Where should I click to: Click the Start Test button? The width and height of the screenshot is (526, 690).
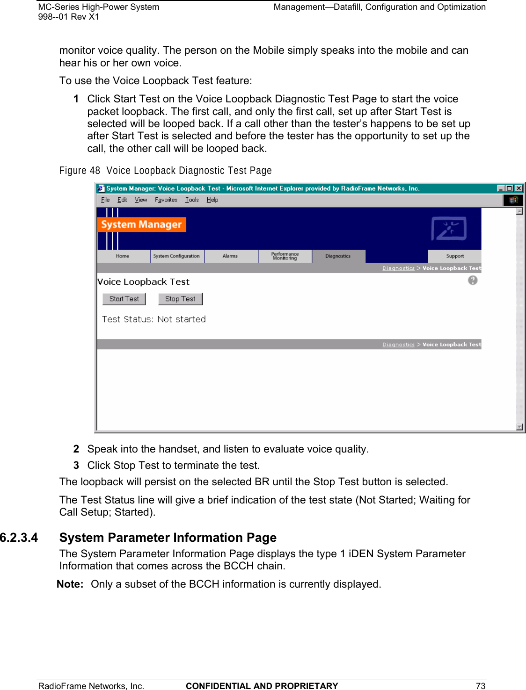click(124, 299)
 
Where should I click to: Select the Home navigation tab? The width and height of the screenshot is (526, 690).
click(123, 256)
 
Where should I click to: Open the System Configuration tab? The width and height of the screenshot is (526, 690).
click(176, 256)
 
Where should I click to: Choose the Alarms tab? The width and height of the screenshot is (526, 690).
click(230, 256)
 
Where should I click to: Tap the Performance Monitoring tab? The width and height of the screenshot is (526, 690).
click(285, 256)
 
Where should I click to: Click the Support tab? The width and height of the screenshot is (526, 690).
click(455, 256)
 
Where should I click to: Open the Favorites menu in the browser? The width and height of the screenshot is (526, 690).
click(166, 200)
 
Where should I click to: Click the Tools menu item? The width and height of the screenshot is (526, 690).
click(192, 200)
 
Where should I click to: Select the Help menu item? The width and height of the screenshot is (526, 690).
click(212, 200)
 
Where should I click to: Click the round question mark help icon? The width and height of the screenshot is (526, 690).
click(473, 280)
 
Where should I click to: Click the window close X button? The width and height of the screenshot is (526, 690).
click(519, 188)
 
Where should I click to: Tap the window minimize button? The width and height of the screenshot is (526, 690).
click(501, 188)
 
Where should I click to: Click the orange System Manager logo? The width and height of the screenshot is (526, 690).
click(141, 224)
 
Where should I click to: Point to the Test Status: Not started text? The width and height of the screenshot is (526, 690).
click(154, 319)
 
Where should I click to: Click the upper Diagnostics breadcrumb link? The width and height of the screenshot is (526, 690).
click(398, 268)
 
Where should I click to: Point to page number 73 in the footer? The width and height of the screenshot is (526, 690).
click(481, 686)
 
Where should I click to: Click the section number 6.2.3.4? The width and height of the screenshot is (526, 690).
click(19, 538)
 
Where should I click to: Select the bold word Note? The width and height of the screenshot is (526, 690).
click(70, 584)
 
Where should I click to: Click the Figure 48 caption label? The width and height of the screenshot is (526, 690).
click(80, 171)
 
